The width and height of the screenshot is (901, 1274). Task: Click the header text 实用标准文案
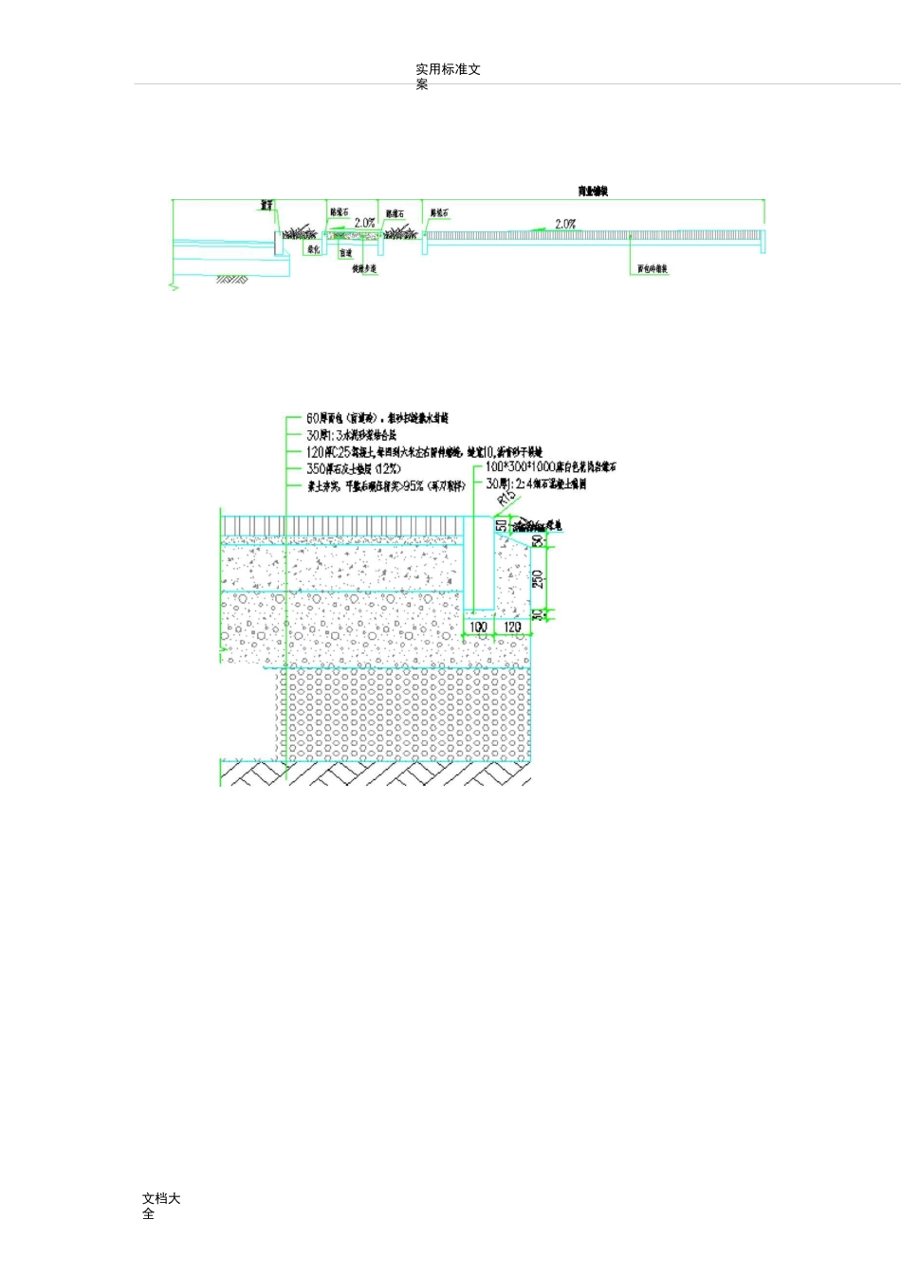[448, 76]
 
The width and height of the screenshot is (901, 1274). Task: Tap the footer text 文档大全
[160, 1205]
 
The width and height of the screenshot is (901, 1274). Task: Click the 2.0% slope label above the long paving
[565, 224]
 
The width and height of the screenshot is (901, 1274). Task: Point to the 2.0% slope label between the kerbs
[364, 223]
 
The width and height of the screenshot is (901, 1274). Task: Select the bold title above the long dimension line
[593, 191]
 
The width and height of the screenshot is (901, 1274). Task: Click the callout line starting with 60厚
[377, 418]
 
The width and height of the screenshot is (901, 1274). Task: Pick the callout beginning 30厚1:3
[350, 435]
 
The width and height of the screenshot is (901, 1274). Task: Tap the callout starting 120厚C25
[423, 452]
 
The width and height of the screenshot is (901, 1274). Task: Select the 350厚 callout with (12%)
[353, 469]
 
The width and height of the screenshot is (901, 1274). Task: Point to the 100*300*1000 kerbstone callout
[550, 467]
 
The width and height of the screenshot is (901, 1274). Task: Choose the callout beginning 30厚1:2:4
[535, 483]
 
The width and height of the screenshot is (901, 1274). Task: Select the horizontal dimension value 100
[479, 628]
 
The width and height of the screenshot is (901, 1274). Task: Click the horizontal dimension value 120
[512, 628]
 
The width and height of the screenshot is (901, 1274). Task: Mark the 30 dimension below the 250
[538, 614]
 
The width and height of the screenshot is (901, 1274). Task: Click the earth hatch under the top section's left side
[232, 279]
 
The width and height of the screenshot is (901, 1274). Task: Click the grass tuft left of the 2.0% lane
[303, 231]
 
